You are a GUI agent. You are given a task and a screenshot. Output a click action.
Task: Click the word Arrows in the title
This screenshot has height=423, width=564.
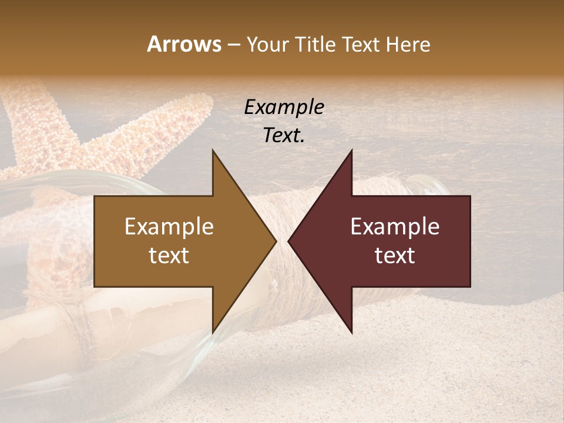[x=184, y=44]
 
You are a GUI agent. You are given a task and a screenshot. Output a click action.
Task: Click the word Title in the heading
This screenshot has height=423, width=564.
[x=315, y=45]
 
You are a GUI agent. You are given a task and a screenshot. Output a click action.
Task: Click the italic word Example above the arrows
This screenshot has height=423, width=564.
[x=284, y=108]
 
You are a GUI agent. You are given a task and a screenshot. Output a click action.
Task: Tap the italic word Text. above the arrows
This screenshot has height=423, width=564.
[x=284, y=135]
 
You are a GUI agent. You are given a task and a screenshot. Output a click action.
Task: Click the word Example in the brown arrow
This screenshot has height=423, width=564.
[x=169, y=227]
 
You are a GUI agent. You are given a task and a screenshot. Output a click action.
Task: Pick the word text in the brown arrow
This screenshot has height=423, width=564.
[x=169, y=256]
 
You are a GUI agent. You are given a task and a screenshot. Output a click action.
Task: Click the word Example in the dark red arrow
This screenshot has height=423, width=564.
[x=395, y=227]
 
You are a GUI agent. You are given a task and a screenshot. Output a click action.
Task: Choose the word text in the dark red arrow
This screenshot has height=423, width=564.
[x=395, y=256]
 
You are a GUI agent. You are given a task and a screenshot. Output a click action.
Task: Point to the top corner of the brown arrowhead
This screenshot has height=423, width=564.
[x=213, y=150]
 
